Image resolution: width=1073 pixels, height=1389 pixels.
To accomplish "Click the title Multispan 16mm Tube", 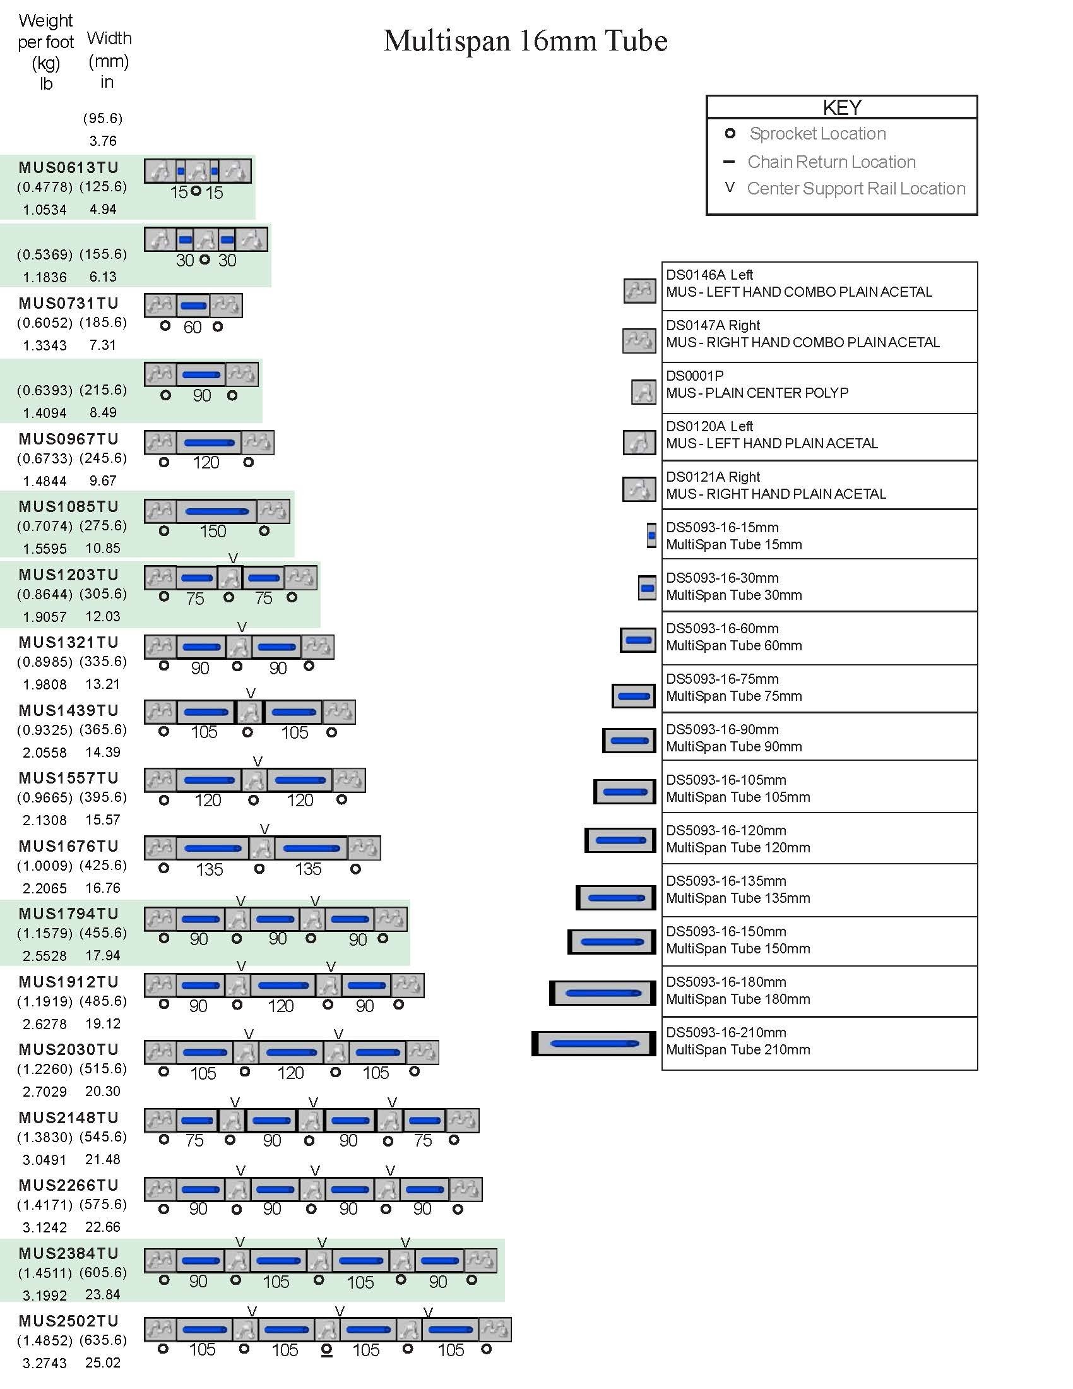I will pyautogui.click(x=525, y=41).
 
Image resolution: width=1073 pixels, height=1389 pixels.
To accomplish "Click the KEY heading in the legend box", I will pyautogui.click(x=841, y=107).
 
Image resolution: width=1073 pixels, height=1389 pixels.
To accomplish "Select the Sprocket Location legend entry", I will pyautogui.click(x=817, y=134).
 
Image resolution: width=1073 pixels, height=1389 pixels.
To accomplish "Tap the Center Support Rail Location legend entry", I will pyautogui.click(x=856, y=188).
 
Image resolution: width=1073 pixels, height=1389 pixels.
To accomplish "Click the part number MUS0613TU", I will pyautogui.click(x=69, y=167).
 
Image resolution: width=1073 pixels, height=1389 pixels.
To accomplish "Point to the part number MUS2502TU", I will pyautogui.click(x=69, y=1321).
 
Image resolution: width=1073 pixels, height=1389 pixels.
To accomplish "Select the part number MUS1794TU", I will pyautogui.click(x=69, y=914).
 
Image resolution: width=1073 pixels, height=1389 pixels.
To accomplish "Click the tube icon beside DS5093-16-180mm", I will pyautogui.click(x=603, y=993).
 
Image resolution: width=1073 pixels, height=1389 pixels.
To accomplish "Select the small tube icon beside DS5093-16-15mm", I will pyautogui.click(x=651, y=535).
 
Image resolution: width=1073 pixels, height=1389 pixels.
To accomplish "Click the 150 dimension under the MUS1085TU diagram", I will pyautogui.click(x=212, y=531).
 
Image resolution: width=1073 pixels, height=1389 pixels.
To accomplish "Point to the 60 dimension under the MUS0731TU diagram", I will pyautogui.click(x=192, y=327).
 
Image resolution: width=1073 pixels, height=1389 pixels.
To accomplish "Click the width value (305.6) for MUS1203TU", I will pyautogui.click(x=103, y=593).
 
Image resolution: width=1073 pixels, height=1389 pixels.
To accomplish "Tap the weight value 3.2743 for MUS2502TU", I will pyautogui.click(x=44, y=1363).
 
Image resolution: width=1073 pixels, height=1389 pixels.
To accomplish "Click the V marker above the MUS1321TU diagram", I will pyautogui.click(x=242, y=627).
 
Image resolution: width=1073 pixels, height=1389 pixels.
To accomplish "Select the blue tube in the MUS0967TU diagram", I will pyautogui.click(x=209, y=443).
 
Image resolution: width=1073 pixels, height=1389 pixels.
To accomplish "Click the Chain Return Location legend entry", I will pyautogui.click(x=831, y=162).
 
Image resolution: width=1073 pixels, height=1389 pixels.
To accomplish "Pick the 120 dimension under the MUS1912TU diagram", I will pyautogui.click(x=280, y=1006).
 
